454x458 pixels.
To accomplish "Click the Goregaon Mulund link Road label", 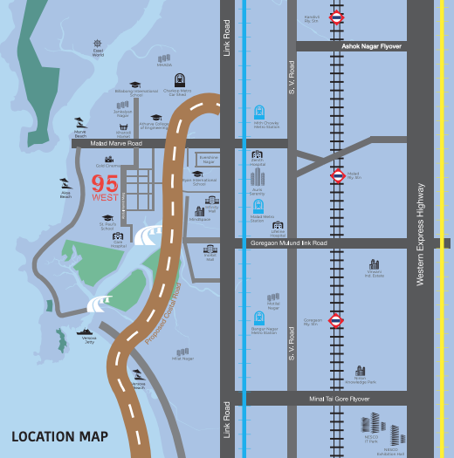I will click(288, 243).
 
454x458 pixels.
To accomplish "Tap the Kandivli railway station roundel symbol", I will click(337, 17).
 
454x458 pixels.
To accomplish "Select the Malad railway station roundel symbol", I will click(337, 174).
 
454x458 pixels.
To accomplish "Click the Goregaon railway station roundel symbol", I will click(337, 320).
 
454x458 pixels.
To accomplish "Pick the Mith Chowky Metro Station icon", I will click(258, 113).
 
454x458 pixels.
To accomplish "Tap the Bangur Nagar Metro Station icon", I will click(258, 318).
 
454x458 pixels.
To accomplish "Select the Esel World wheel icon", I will click(99, 43).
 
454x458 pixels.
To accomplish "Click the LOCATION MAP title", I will click(59, 436).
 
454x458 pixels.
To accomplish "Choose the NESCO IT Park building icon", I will click(372, 425).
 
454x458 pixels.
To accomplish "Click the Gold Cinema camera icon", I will click(109, 160).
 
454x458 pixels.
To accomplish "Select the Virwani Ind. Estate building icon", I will click(374, 264).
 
